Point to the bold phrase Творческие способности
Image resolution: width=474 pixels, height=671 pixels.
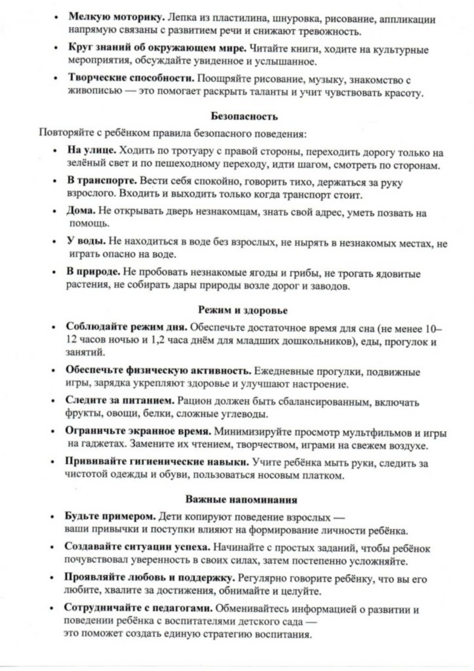[130, 78]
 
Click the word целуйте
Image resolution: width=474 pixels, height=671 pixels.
[304, 591]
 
